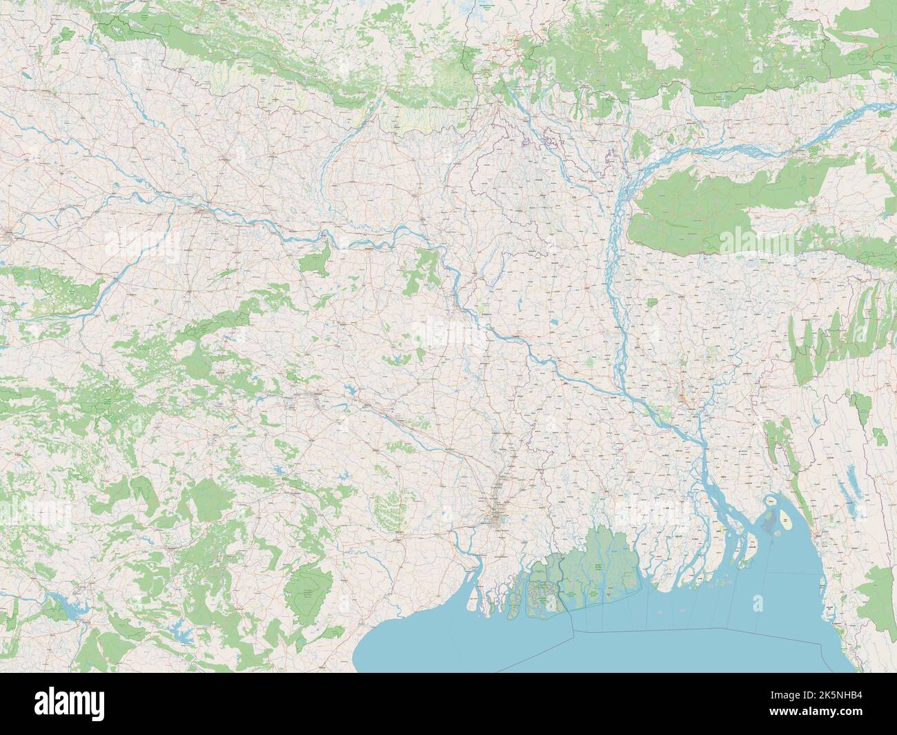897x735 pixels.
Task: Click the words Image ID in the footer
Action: (x=807, y=696)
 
